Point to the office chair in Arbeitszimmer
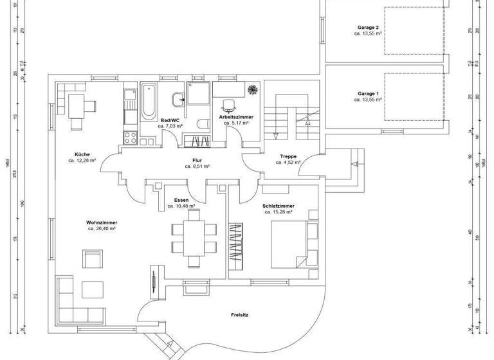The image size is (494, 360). [228, 105]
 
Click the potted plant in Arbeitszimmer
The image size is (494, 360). [253, 89]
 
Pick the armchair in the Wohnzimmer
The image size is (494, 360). [93, 259]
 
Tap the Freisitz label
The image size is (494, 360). [241, 315]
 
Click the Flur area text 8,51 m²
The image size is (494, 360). [197, 166]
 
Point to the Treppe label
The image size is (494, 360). [288, 156]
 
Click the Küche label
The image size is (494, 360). [82, 154]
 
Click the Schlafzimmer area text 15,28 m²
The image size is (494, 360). [279, 212]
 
